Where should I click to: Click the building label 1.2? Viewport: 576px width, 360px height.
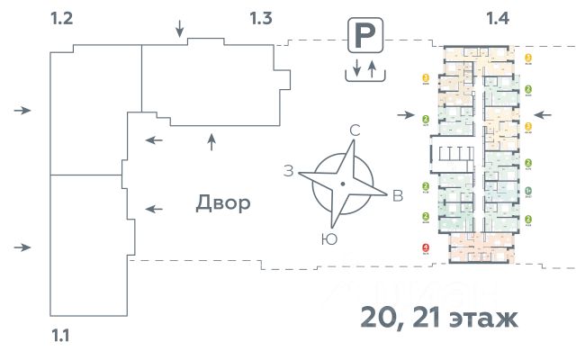[62, 18]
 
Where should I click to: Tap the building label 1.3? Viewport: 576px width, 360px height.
[261, 18]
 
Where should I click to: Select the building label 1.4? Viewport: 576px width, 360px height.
[498, 18]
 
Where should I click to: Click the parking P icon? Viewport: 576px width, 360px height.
[364, 37]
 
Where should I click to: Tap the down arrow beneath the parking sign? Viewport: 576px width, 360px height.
[357, 68]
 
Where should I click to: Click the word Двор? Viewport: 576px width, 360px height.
[222, 203]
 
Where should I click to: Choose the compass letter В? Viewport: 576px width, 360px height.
[397, 197]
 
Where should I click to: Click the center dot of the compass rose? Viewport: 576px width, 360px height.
[343, 184]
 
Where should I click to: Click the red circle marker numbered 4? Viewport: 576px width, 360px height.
[425, 249]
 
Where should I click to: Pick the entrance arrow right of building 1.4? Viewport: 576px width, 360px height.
[542, 114]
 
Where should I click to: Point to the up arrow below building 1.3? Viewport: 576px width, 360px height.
[211, 139]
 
